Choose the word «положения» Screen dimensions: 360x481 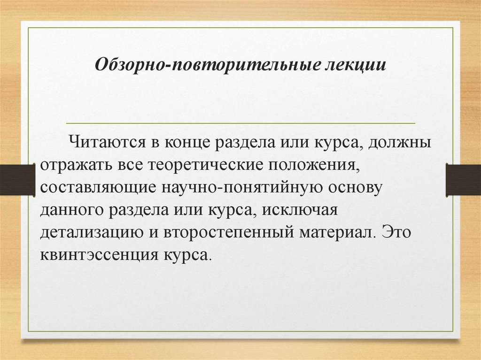(x=308, y=165)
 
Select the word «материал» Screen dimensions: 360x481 (x=335, y=232)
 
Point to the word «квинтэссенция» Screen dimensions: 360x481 (x=99, y=255)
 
